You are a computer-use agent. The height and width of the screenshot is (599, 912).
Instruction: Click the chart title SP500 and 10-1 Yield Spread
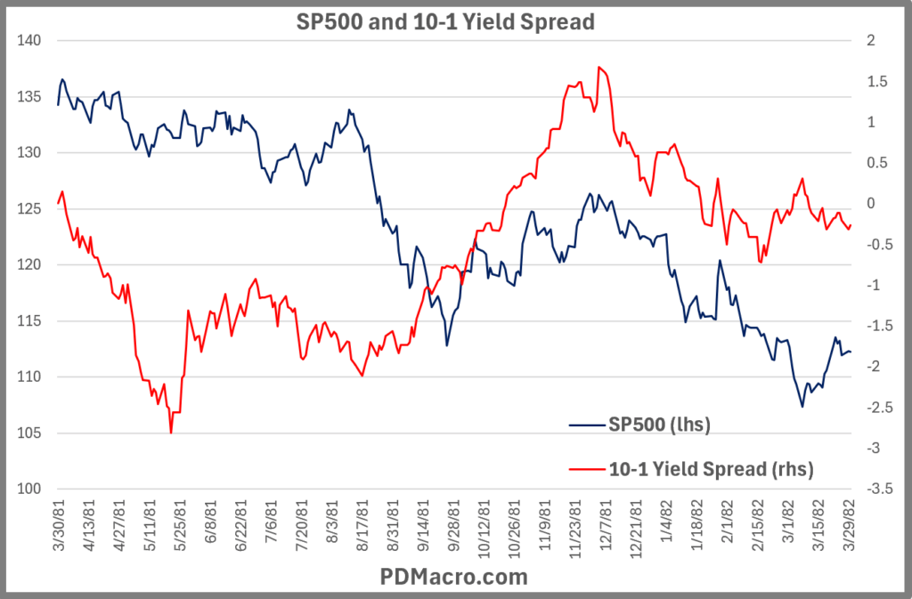(444, 22)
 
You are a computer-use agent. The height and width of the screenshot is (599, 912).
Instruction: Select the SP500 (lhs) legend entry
(660, 425)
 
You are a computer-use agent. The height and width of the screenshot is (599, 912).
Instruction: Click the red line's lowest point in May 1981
(170, 433)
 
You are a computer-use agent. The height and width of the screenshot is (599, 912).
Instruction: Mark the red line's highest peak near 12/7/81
(598, 67)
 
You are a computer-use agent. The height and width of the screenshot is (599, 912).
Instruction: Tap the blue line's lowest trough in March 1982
(802, 407)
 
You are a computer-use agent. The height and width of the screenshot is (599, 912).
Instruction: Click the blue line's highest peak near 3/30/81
(62, 79)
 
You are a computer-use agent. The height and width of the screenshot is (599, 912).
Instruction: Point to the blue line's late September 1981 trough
(446, 345)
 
